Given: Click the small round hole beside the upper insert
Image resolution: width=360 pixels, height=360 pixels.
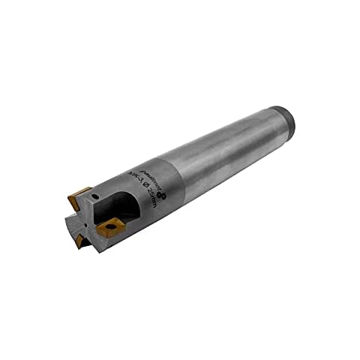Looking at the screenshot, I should point(96,196).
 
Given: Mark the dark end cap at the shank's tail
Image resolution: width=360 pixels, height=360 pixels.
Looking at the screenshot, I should point(287,123).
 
